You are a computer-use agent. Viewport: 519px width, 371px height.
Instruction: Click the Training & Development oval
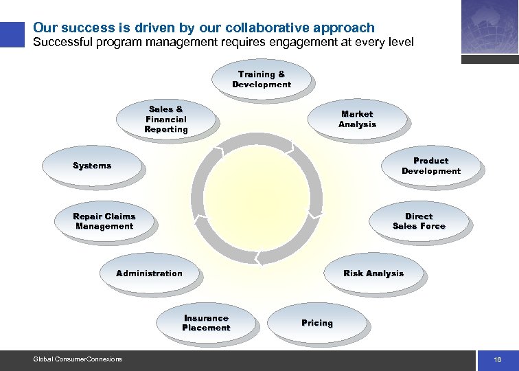(x=261, y=79)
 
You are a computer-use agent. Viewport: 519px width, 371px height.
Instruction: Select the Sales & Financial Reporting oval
(x=165, y=119)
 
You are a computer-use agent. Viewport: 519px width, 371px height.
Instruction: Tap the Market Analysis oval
(x=357, y=119)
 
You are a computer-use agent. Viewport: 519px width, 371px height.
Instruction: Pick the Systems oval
(x=92, y=166)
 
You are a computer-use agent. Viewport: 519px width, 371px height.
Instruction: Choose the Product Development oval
(x=431, y=166)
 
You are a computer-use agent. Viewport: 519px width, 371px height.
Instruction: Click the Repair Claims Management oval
(x=104, y=221)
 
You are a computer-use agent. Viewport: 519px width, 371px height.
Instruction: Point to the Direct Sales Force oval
(x=419, y=221)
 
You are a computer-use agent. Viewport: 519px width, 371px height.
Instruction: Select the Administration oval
(x=149, y=273)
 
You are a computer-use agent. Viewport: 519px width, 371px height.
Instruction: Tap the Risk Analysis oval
(x=373, y=273)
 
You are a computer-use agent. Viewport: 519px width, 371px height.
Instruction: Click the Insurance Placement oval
(x=206, y=323)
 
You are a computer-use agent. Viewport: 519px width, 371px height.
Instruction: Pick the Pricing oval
(x=316, y=323)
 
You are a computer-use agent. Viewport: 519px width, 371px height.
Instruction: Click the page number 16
(x=497, y=360)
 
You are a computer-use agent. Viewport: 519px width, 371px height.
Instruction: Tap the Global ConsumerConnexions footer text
(x=78, y=359)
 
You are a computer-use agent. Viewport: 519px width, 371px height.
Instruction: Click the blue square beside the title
(x=11, y=35)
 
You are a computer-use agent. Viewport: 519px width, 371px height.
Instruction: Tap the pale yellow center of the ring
(x=255, y=199)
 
